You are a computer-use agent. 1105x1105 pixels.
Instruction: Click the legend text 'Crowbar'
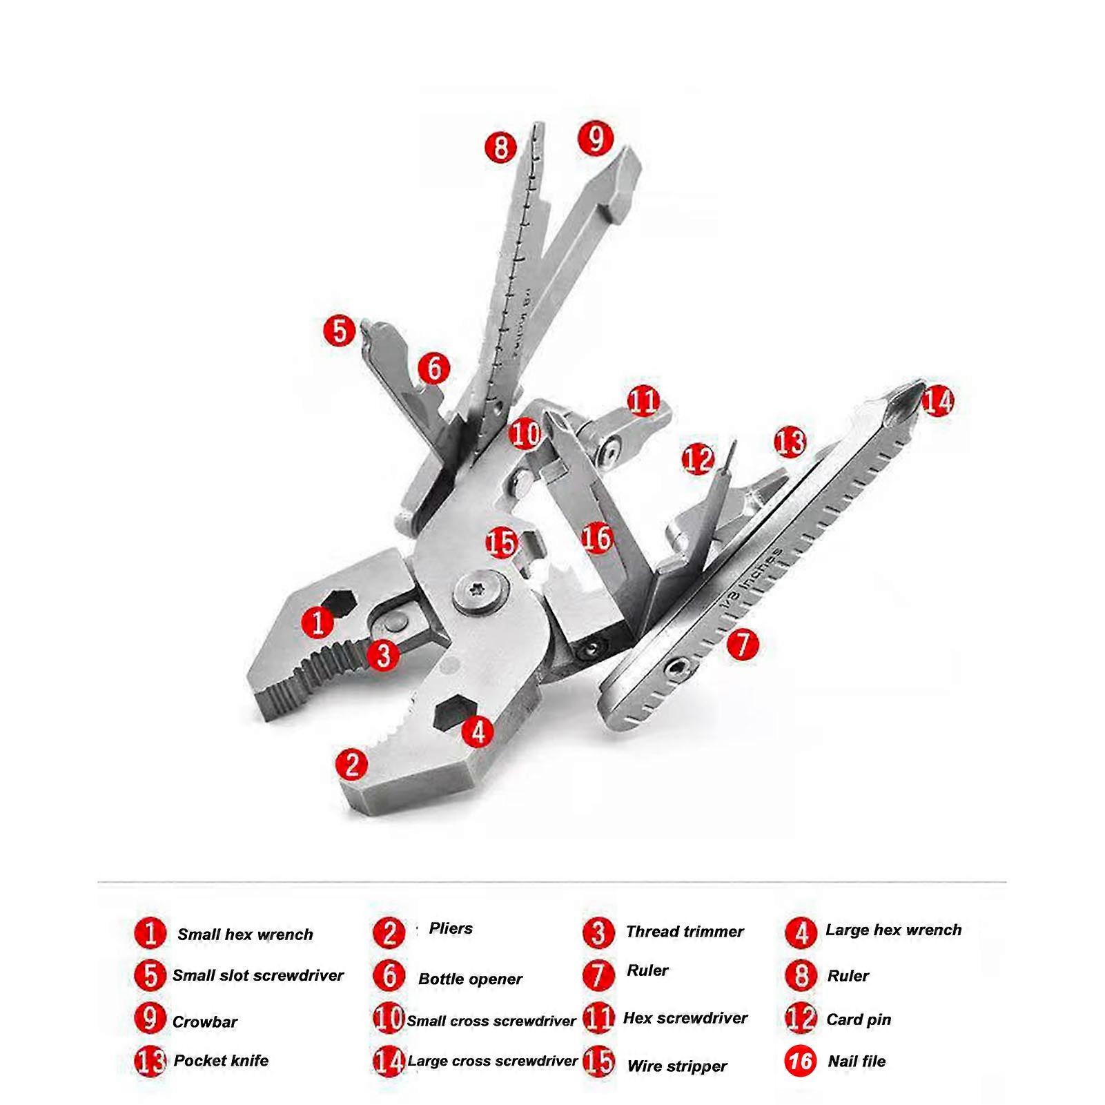tap(204, 1022)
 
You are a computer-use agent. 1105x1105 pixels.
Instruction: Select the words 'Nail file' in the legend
tap(857, 1062)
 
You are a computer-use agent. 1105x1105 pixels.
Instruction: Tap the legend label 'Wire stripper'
tap(676, 1066)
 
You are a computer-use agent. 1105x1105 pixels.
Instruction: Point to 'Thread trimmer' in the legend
tap(684, 932)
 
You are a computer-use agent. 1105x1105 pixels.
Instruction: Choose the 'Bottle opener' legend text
tap(470, 979)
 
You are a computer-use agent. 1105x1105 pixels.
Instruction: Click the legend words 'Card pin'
tap(859, 1019)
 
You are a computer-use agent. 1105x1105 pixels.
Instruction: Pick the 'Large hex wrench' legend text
tap(893, 930)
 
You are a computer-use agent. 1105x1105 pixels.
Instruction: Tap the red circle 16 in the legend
tap(801, 1060)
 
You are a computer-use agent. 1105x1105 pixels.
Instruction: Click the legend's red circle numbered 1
tap(150, 933)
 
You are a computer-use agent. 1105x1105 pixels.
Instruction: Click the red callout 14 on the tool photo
tap(937, 401)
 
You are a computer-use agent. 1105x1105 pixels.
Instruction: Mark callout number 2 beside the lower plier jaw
tap(352, 764)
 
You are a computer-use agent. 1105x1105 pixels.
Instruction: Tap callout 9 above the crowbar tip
tap(596, 138)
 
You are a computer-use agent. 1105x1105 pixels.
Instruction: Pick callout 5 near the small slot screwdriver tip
tap(340, 331)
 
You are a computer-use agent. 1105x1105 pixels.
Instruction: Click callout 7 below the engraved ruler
tap(742, 645)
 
